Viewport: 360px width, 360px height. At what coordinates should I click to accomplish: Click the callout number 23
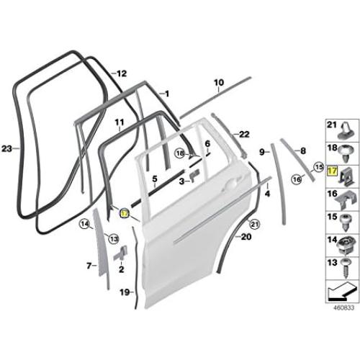click(x=7, y=149)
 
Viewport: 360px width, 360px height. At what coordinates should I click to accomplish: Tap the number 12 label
click(x=122, y=73)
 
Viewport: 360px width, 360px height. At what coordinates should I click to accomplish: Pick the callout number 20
click(x=246, y=236)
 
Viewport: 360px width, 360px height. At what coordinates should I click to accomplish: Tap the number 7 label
click(x=89, y=266)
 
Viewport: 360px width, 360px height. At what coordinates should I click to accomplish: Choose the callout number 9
click(x=263, y=151)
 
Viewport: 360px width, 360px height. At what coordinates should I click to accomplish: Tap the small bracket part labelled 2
click(x=122, y=251)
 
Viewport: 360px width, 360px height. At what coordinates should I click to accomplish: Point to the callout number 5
click(x=153, y=177)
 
